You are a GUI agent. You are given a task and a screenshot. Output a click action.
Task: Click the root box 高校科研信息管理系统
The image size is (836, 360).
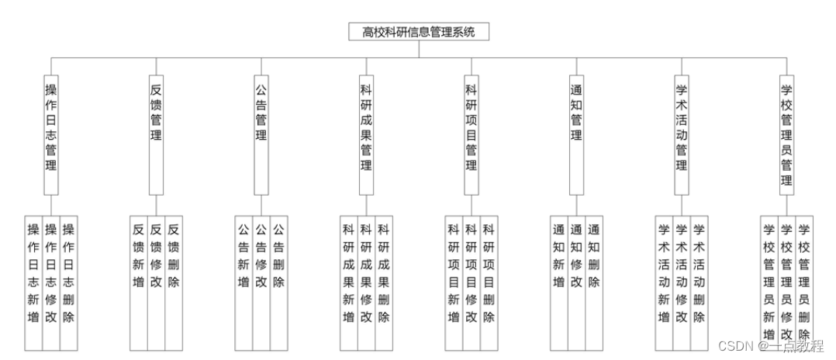(x=419, y=32)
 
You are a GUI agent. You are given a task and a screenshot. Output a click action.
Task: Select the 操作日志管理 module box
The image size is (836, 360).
(x=51, y=133)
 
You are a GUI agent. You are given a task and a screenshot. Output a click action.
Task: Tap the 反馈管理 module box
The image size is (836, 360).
(x=156, y=133)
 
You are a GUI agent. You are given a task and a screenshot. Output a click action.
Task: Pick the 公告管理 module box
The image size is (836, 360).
(x=261, y=133)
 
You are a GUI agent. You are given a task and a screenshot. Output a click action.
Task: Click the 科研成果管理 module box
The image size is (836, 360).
(x=366, y=133)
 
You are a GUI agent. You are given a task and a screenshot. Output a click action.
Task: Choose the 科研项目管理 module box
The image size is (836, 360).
(x=471, y=133)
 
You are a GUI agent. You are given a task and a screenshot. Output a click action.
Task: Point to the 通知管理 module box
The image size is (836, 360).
(x=576, y=133)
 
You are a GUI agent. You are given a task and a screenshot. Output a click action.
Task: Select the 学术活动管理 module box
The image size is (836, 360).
(x=681, y=133)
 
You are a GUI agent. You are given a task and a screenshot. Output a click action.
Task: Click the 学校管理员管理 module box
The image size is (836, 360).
(x=786, y=133)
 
